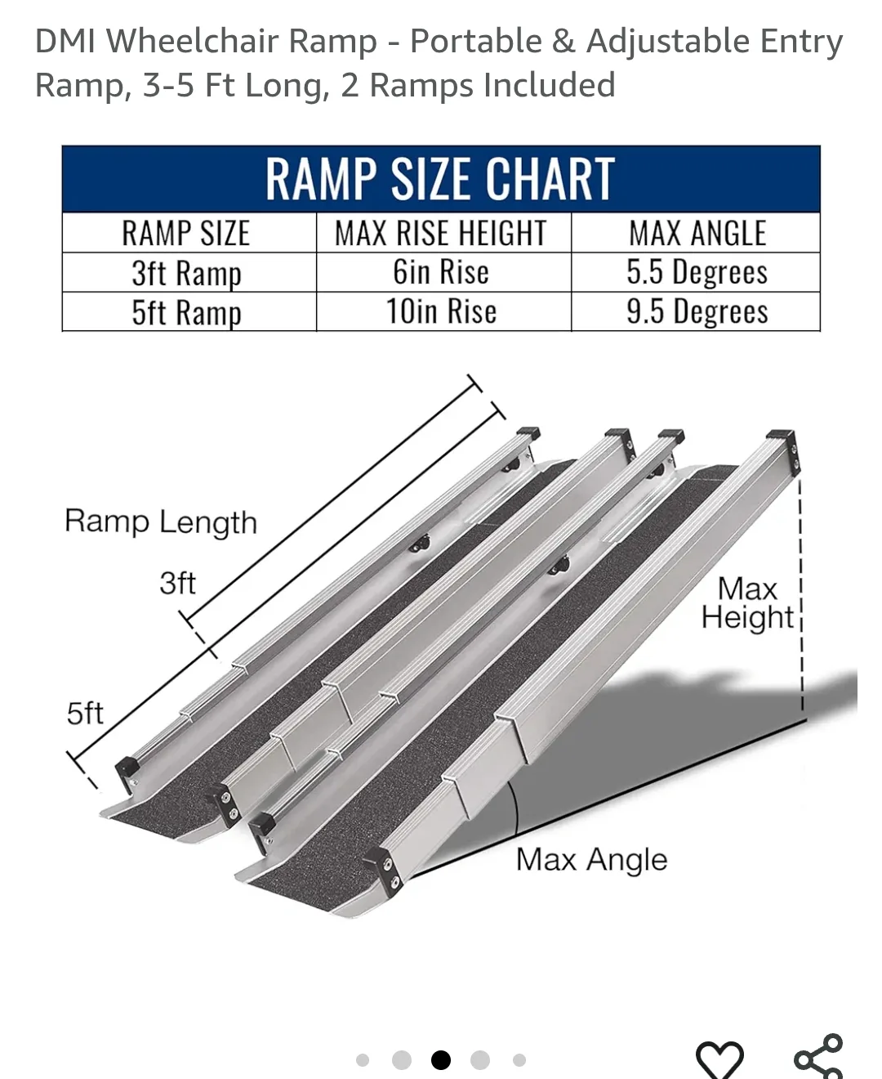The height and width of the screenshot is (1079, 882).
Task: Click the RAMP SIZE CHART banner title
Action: pyautogui.click(x=440, y=178)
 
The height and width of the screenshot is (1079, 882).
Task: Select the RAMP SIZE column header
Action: pyautogui.click(x=186, y=234)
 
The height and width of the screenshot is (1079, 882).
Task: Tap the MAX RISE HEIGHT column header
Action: pyautogui.click(x=441, y=234)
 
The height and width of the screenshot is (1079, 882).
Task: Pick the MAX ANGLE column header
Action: pyautogui.click(x=697, y=234)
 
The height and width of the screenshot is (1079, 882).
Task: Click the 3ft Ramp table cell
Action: pyautogui.click(x=186, y=273)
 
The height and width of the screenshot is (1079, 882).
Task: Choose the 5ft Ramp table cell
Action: pyautogui.click(x=186, y=312)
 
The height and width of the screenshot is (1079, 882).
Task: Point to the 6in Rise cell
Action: pyautogui.click(x=441, y=272)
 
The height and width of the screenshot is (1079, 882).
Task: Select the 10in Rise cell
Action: pyautogui.click(x=441, y=311)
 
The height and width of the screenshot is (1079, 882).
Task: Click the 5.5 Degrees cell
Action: pyautogui.click(x=697, y=272)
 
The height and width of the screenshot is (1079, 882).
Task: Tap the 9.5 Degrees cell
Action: pyautogui.click(x=697, y=311)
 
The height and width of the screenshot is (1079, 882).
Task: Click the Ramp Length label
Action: pyautogui.click(x=161, y=522)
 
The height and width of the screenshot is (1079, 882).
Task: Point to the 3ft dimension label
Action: pyautogui.click(x=177, y=584)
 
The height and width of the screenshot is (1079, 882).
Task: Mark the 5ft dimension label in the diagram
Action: pyautogui.click(x=85, y=714)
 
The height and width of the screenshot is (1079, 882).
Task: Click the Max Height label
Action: pyautogui.click(x=747, y=603)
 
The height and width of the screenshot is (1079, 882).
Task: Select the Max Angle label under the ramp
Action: pyautogui.click(x=591, y=860)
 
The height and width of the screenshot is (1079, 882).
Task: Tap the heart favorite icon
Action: pyautogui.click(x=719, y=1059)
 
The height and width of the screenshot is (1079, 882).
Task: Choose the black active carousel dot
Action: pyautogui.click(x=441, y=1060)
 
